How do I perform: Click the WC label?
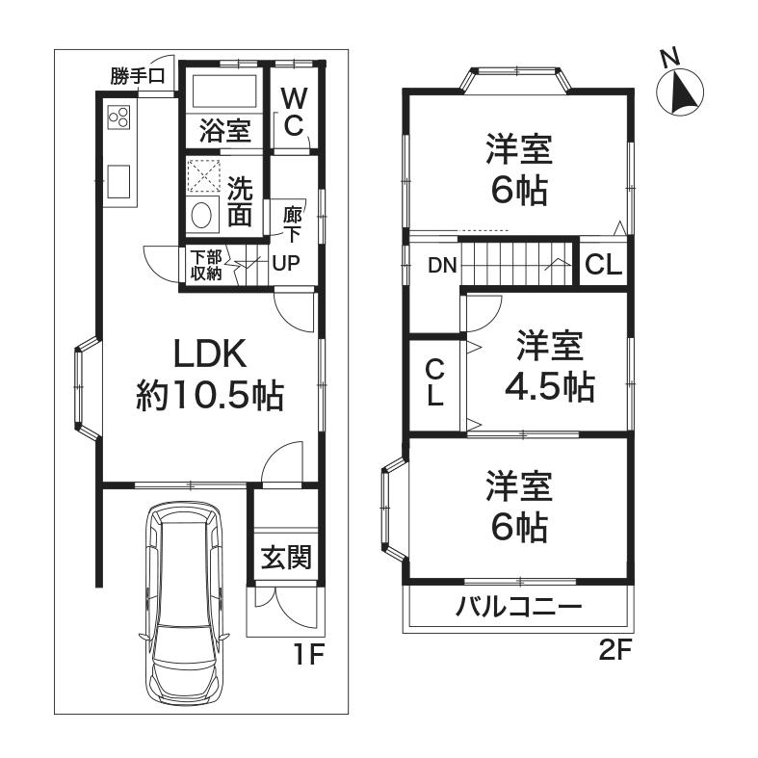point(294,111)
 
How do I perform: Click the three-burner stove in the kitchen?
point(120,118)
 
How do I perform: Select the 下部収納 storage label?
point(205,265)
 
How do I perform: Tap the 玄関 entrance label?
point(286,558)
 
